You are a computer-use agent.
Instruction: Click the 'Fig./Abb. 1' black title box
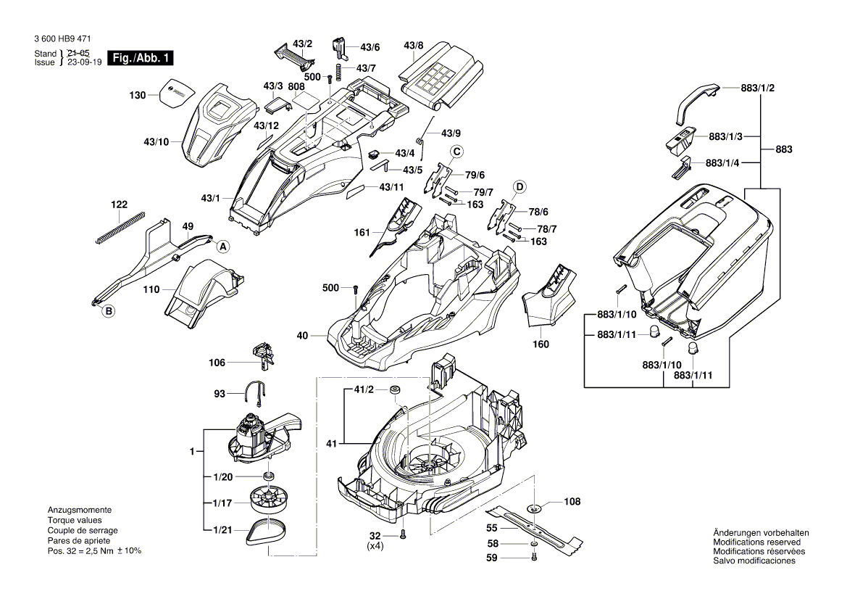coord(140,58)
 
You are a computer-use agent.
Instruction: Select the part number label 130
coord(137,95)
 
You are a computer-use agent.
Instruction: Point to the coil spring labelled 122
coord(120,226)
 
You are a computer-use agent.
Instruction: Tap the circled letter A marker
coord(223,247)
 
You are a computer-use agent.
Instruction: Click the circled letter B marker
coord(109,312)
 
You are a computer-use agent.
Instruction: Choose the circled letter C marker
coord(457,152)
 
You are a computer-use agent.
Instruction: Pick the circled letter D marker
coord(519,187)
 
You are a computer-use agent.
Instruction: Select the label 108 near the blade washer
coord(572,501)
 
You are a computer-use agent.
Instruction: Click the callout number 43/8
coord(414,46)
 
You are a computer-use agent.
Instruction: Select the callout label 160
coord(541,344)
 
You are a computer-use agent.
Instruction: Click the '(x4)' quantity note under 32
coord(376,545)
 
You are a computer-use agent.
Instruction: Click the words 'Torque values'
coord(75,520)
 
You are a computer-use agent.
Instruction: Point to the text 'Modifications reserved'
coord(756,542)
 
